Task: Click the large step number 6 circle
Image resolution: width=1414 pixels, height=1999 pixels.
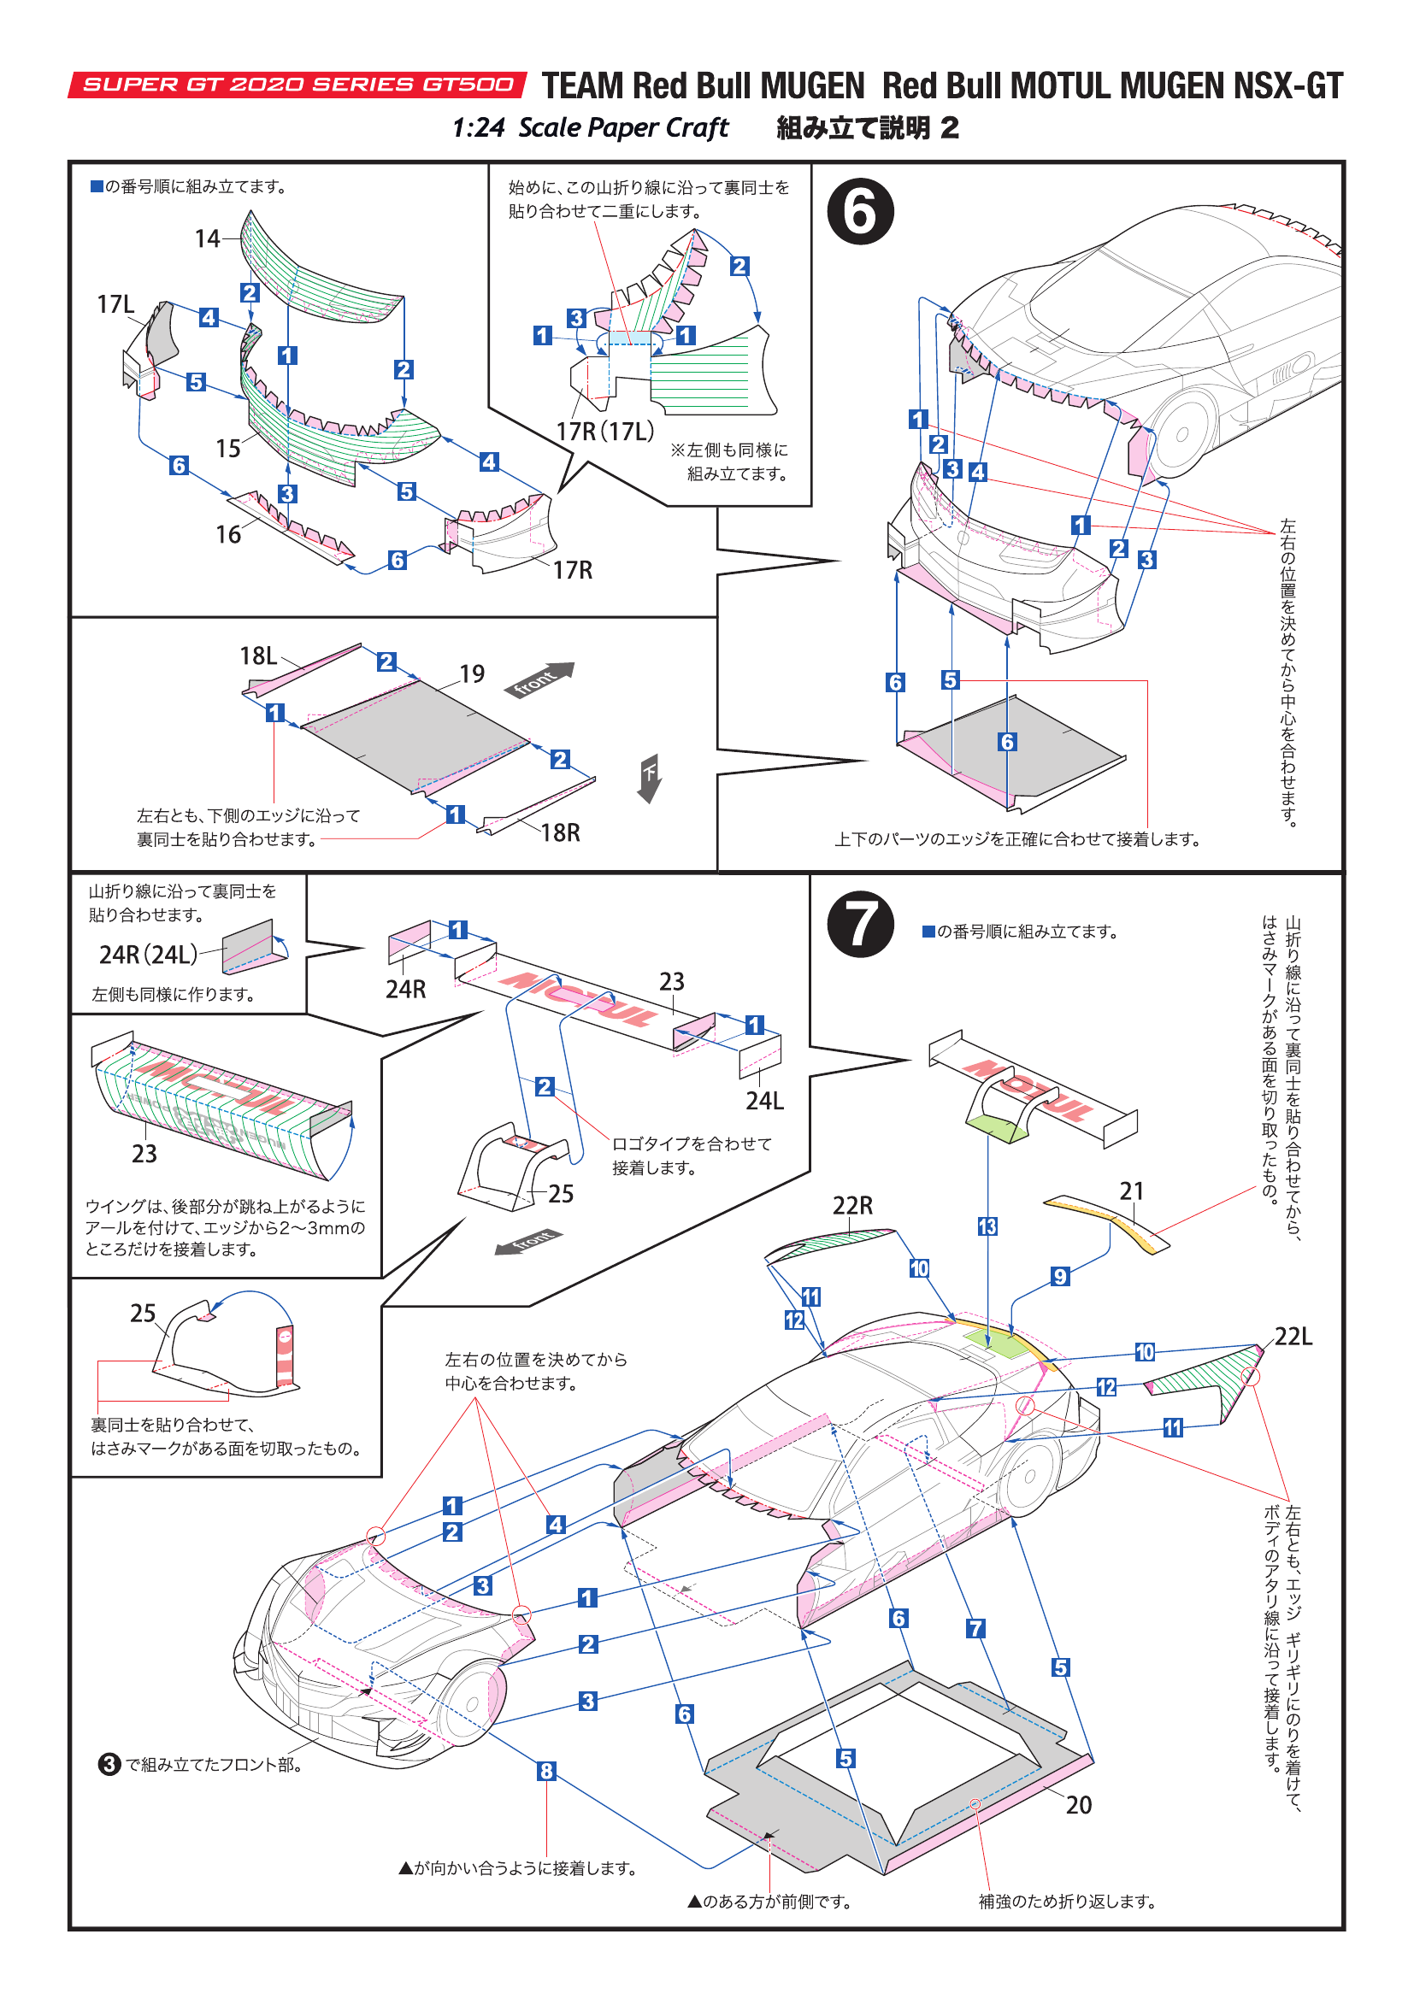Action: tap(859, 212)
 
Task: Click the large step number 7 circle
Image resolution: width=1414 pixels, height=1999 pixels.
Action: tap(859, 924)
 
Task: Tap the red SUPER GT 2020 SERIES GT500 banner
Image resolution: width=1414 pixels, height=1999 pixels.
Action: tap(297, 85)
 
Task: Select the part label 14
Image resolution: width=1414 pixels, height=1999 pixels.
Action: tap(207, 238)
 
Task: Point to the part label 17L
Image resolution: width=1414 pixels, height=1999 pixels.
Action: tap(115, 304)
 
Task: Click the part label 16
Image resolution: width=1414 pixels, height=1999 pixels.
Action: tap(228, 533)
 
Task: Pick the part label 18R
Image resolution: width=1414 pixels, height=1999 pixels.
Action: tap(560, 832)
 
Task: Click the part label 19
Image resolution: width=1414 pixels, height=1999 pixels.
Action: tap(472, 673)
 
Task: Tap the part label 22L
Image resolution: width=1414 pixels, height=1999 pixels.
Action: tap(1293, 1336)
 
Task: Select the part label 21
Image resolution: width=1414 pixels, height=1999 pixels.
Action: tap(1131, 1191)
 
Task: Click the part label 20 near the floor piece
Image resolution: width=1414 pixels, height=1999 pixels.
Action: tap(1078, 1805)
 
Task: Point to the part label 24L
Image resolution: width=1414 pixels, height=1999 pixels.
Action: tap(764, 1101)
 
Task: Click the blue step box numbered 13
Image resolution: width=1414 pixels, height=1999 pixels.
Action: tap(987, 1226)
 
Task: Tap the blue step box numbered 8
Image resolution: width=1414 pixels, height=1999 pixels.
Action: tap(546, 1771)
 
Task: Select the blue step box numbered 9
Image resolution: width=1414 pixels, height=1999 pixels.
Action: tap(1059, 1276)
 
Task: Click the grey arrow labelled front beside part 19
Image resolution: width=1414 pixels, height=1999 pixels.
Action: tap(539, 679)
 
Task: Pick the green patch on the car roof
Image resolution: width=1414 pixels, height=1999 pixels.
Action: tap(994, 1343)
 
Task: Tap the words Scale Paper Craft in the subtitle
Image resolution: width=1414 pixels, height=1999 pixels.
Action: tap(622, 128)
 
